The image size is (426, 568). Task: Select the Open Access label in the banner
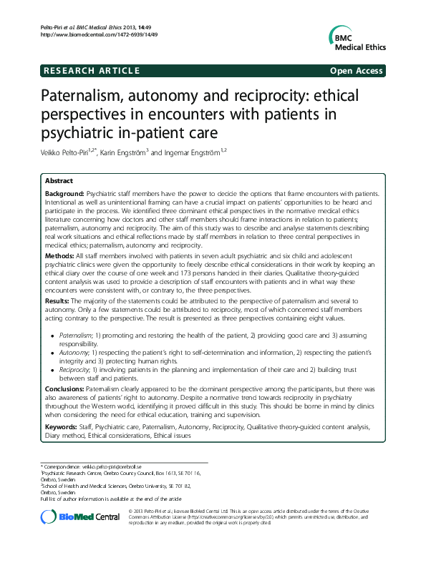point(357,71)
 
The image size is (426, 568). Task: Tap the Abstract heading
point(59,181)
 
